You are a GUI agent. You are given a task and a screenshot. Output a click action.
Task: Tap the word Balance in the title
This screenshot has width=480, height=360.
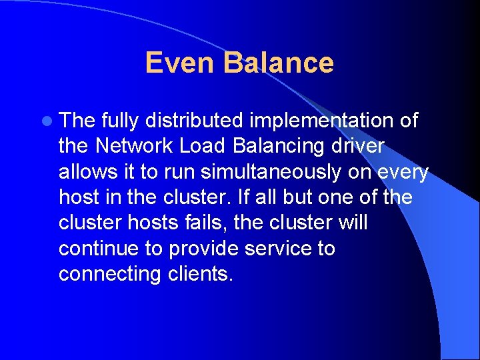[x=279, y=63]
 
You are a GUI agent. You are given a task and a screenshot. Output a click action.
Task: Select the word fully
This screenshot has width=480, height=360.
[x=120, y=121]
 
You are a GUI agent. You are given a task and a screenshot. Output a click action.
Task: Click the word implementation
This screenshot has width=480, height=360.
[x=325, y=121]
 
